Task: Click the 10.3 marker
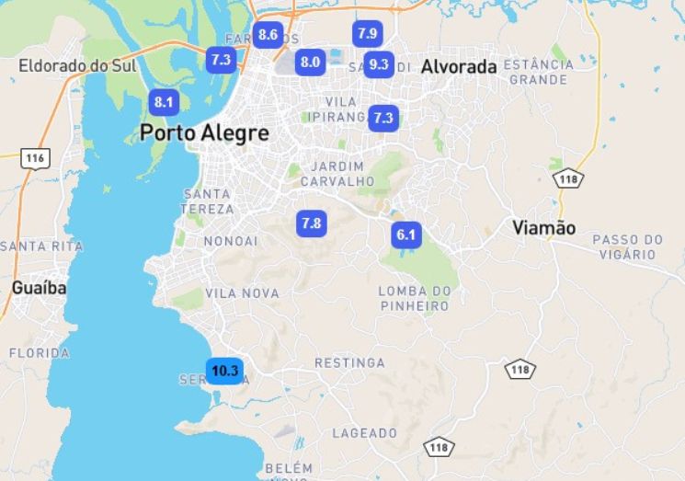click(x=224, y=372)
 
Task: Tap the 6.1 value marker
click(x=405, y=235)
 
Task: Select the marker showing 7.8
click(x=311, y=223)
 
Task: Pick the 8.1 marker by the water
click(x=164, y=102)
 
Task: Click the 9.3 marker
click(x=378, y=64)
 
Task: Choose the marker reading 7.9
click(x=367, y=34)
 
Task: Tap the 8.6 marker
click(x=268, y=35)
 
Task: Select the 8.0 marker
click(x=310, y=63)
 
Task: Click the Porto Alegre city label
click(x=204, y=133)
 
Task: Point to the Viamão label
click(x=543, y=228)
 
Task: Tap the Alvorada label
click(x=459, y=66)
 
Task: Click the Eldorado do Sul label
click(x=75, y=66)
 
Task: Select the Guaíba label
click(x=39, y=288)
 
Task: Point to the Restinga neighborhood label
click(x=349, y=363)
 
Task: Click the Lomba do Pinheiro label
click(x=415, y=298)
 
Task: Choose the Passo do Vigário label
click(x=627, y=246)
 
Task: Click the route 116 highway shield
click(x=35, y=158)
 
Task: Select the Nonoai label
click(x=231, y=241)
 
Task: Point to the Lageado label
click(x=364, y=431)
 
